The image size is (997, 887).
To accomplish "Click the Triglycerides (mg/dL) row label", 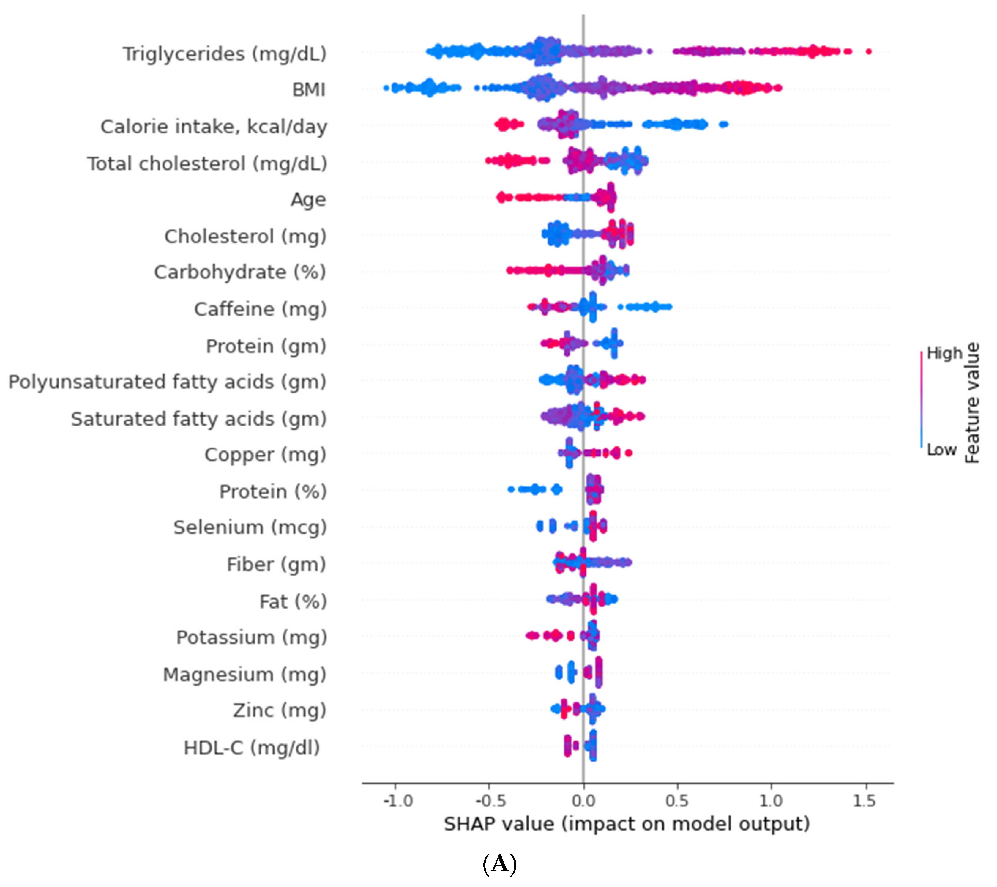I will (x=224, y=54).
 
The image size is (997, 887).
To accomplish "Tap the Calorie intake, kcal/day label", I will (x=214, y=127).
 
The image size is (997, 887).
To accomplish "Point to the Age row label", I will (x=308, y=200).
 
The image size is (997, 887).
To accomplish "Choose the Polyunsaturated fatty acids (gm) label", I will (x=167, y=382).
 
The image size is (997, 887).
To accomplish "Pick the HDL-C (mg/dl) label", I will (x=252, y=747).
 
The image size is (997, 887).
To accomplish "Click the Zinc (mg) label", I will (x=279, y=710).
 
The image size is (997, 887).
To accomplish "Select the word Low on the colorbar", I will (x=941, y=449).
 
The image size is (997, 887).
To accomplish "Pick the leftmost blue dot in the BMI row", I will (x=386, y=88).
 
